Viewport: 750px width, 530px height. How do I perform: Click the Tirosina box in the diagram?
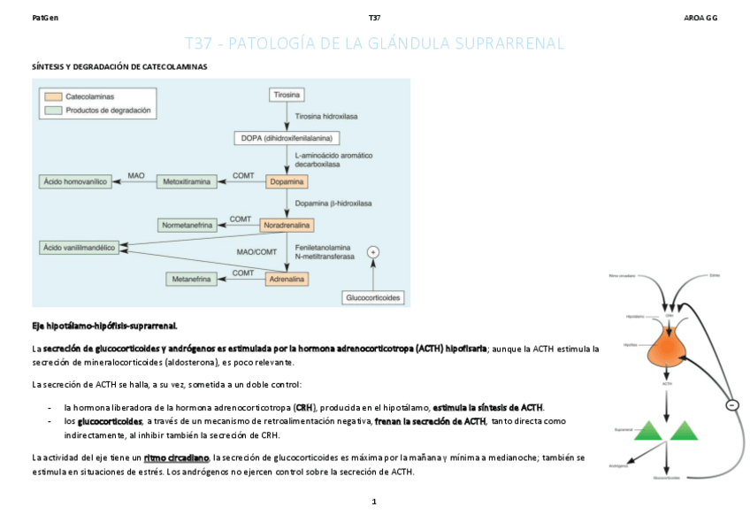(x=286, y=93)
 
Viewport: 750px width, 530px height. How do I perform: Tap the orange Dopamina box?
(x=287, y=181)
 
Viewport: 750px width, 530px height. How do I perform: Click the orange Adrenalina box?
(x=287, y=279)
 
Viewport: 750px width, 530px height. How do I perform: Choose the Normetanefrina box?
(x=187, y=226)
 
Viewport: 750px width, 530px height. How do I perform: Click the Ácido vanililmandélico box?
(x=80, y=248)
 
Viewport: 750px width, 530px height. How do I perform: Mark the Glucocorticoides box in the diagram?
(x=373, y=298)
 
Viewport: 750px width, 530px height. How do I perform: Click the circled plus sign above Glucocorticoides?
(x=373, y=252)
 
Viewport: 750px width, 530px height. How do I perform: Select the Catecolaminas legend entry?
(x=88, y=96)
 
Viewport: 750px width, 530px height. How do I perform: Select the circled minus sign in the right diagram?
(x=731, y=404)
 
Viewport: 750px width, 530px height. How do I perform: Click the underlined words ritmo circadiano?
(x=176, y=457)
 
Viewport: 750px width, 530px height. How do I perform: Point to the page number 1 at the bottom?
(x=374, y=502)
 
